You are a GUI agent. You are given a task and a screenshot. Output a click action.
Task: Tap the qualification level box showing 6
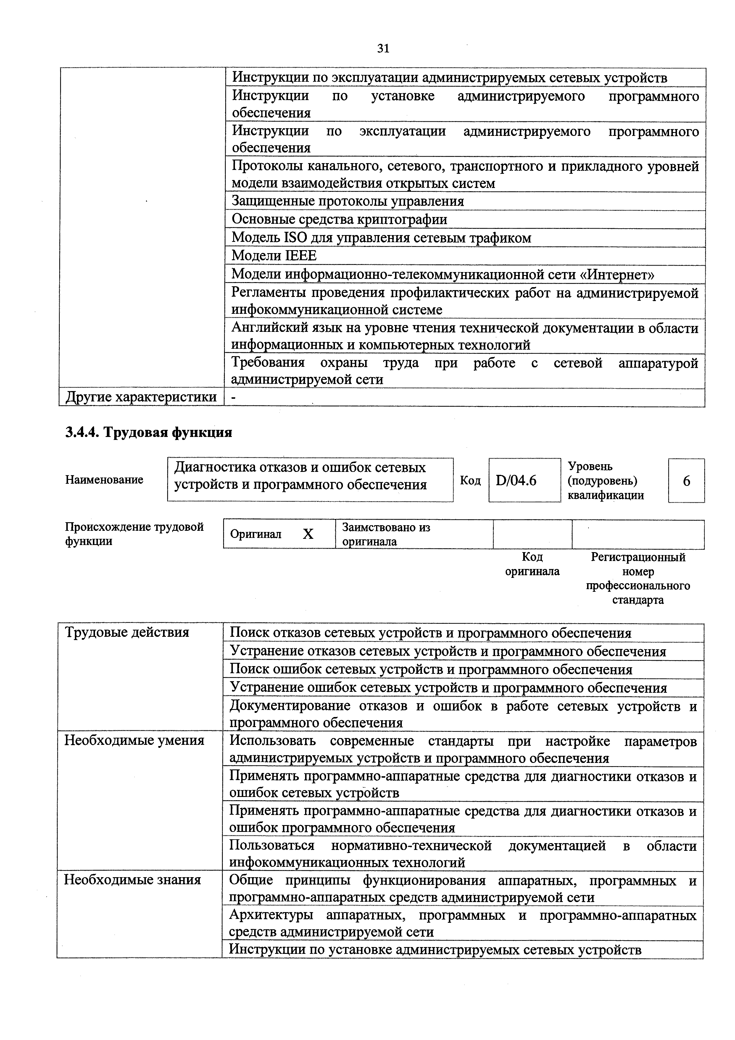[686, 480]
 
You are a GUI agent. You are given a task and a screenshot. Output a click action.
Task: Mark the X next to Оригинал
[308, 534]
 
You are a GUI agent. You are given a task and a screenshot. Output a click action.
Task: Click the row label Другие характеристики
[141, 397]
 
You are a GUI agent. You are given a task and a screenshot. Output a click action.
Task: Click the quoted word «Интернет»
[617, 274]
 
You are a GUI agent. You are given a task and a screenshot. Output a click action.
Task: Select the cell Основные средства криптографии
[339, 220]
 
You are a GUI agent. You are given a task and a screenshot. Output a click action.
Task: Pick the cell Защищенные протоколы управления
[348, 201]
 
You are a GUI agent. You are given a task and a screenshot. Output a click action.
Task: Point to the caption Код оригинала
[532, 564]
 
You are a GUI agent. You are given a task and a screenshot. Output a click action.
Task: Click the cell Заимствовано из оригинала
[386, 534]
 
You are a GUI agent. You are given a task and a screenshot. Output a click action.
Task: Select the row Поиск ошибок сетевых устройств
[431, 669]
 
